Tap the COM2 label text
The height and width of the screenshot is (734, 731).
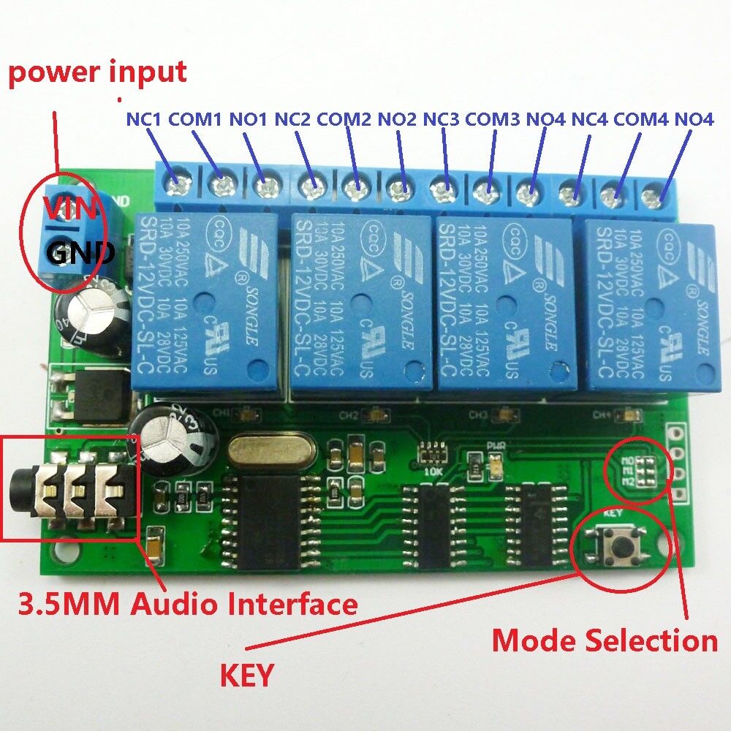344,118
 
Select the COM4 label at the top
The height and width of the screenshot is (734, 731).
641,118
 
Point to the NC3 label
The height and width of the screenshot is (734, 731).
442,118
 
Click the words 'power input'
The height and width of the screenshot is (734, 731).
97,72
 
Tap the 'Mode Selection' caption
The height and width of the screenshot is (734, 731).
604,640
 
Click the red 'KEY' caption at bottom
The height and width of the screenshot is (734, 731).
246,675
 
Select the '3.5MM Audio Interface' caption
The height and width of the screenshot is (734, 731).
188,605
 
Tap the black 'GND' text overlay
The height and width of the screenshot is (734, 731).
80,253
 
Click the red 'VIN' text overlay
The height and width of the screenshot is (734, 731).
69,208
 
